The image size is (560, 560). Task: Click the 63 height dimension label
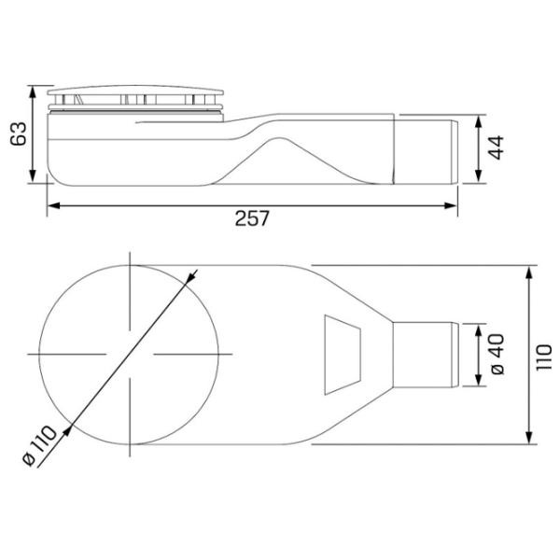click(x=19, y=133)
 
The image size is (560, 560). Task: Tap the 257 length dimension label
click(x=252, y=218)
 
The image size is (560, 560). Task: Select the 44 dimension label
click(x=497, y=147)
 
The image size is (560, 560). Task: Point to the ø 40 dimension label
click(x=497, y=355)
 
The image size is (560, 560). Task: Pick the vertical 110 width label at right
click(x=545, y=357)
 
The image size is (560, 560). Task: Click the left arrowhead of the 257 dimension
click(x=53, y=205)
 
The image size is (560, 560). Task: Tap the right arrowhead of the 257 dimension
click(x=451, y=205)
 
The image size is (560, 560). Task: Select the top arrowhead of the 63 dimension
click(x=33, y=92)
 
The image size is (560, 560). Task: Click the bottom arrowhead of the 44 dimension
click(x=479, y=176)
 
